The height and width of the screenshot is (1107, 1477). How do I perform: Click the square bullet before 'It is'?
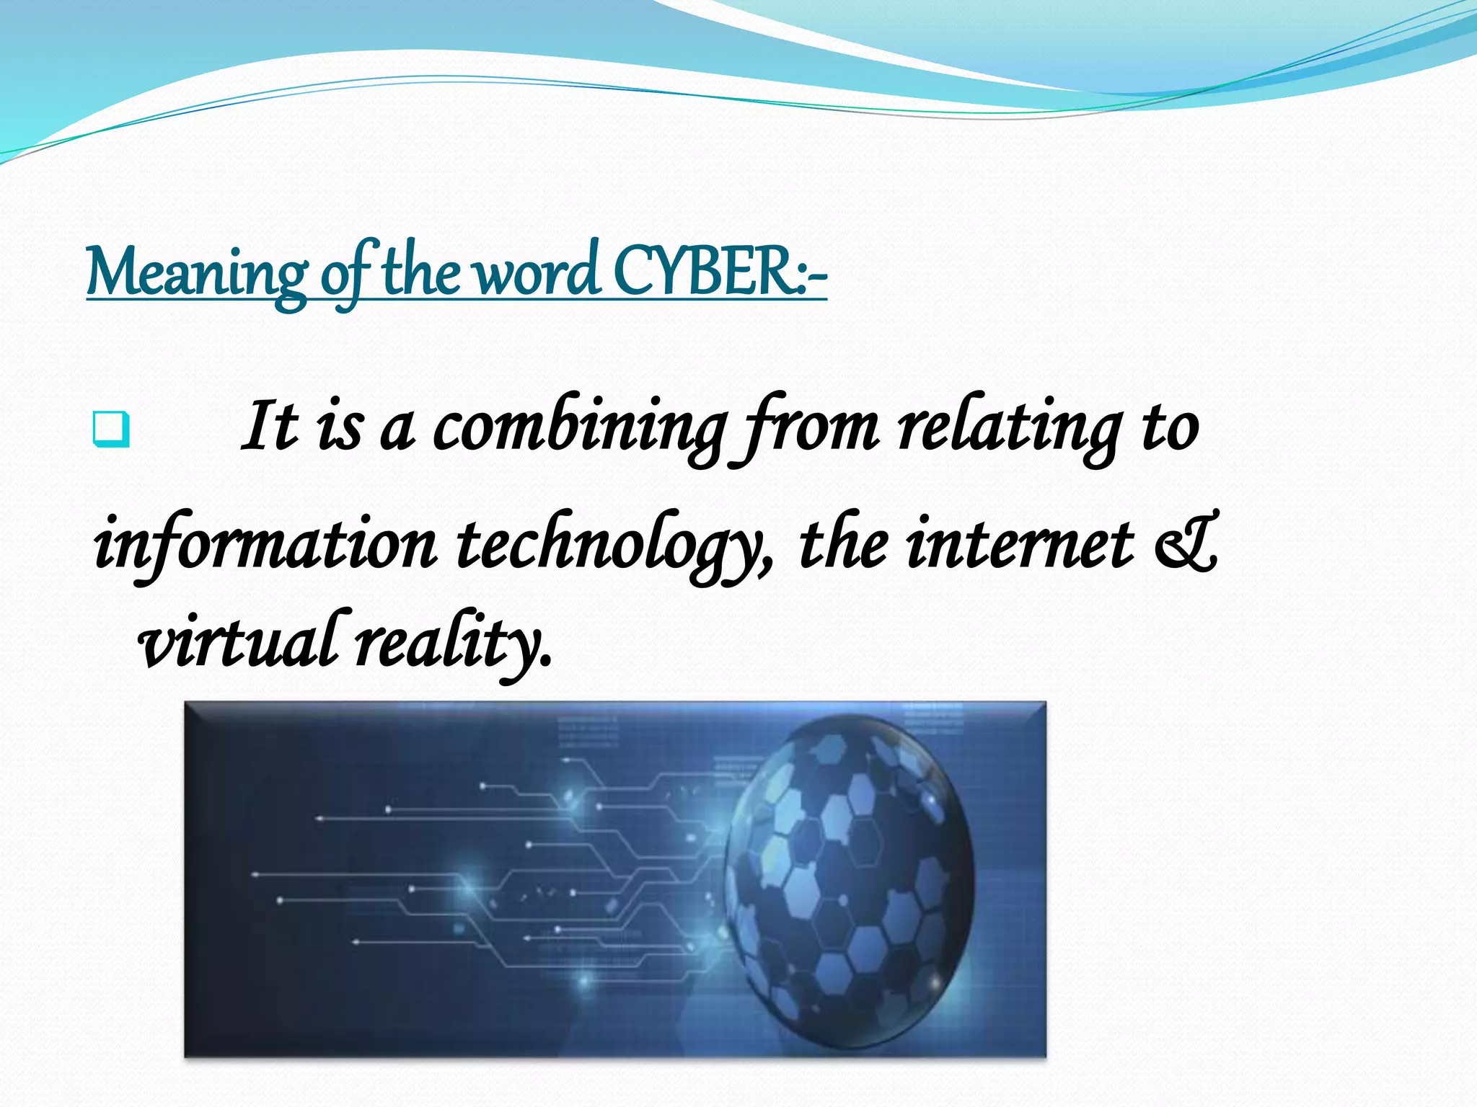coord(111,430)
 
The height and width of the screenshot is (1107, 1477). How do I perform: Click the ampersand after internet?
coord(1186,543)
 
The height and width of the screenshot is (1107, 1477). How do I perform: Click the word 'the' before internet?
coord(844,543)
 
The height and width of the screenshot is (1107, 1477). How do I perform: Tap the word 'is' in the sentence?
coord(339,428)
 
